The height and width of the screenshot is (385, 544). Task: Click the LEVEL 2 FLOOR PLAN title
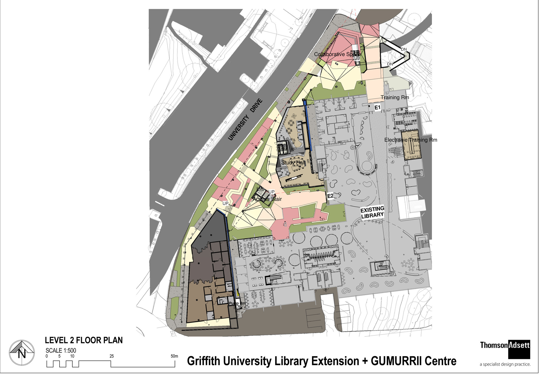(84, 340)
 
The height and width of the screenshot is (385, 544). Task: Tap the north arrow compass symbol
(22, 353)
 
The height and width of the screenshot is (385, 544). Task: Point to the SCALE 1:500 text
(61, 350)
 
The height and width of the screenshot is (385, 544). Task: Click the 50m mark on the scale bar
(174, 356)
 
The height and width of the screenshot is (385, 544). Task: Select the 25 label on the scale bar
(112, 356)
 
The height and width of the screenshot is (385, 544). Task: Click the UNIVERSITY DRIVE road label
(245, 120)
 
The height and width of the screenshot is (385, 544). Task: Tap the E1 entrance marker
(377, 108)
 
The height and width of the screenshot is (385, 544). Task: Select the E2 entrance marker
(330, 196)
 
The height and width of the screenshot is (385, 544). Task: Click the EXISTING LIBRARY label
(372, 212)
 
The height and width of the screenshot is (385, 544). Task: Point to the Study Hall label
(293, 163)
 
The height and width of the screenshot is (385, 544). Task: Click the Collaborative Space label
(337, 54)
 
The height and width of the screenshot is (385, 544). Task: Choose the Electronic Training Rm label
(411, 140)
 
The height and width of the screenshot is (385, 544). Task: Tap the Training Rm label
(395, 97)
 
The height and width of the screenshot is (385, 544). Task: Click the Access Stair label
(267, 199)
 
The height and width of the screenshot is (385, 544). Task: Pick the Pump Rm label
(237, 303)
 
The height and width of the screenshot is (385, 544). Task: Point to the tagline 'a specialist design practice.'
(505, 364)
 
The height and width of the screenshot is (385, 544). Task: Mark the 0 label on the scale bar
(47, 356)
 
